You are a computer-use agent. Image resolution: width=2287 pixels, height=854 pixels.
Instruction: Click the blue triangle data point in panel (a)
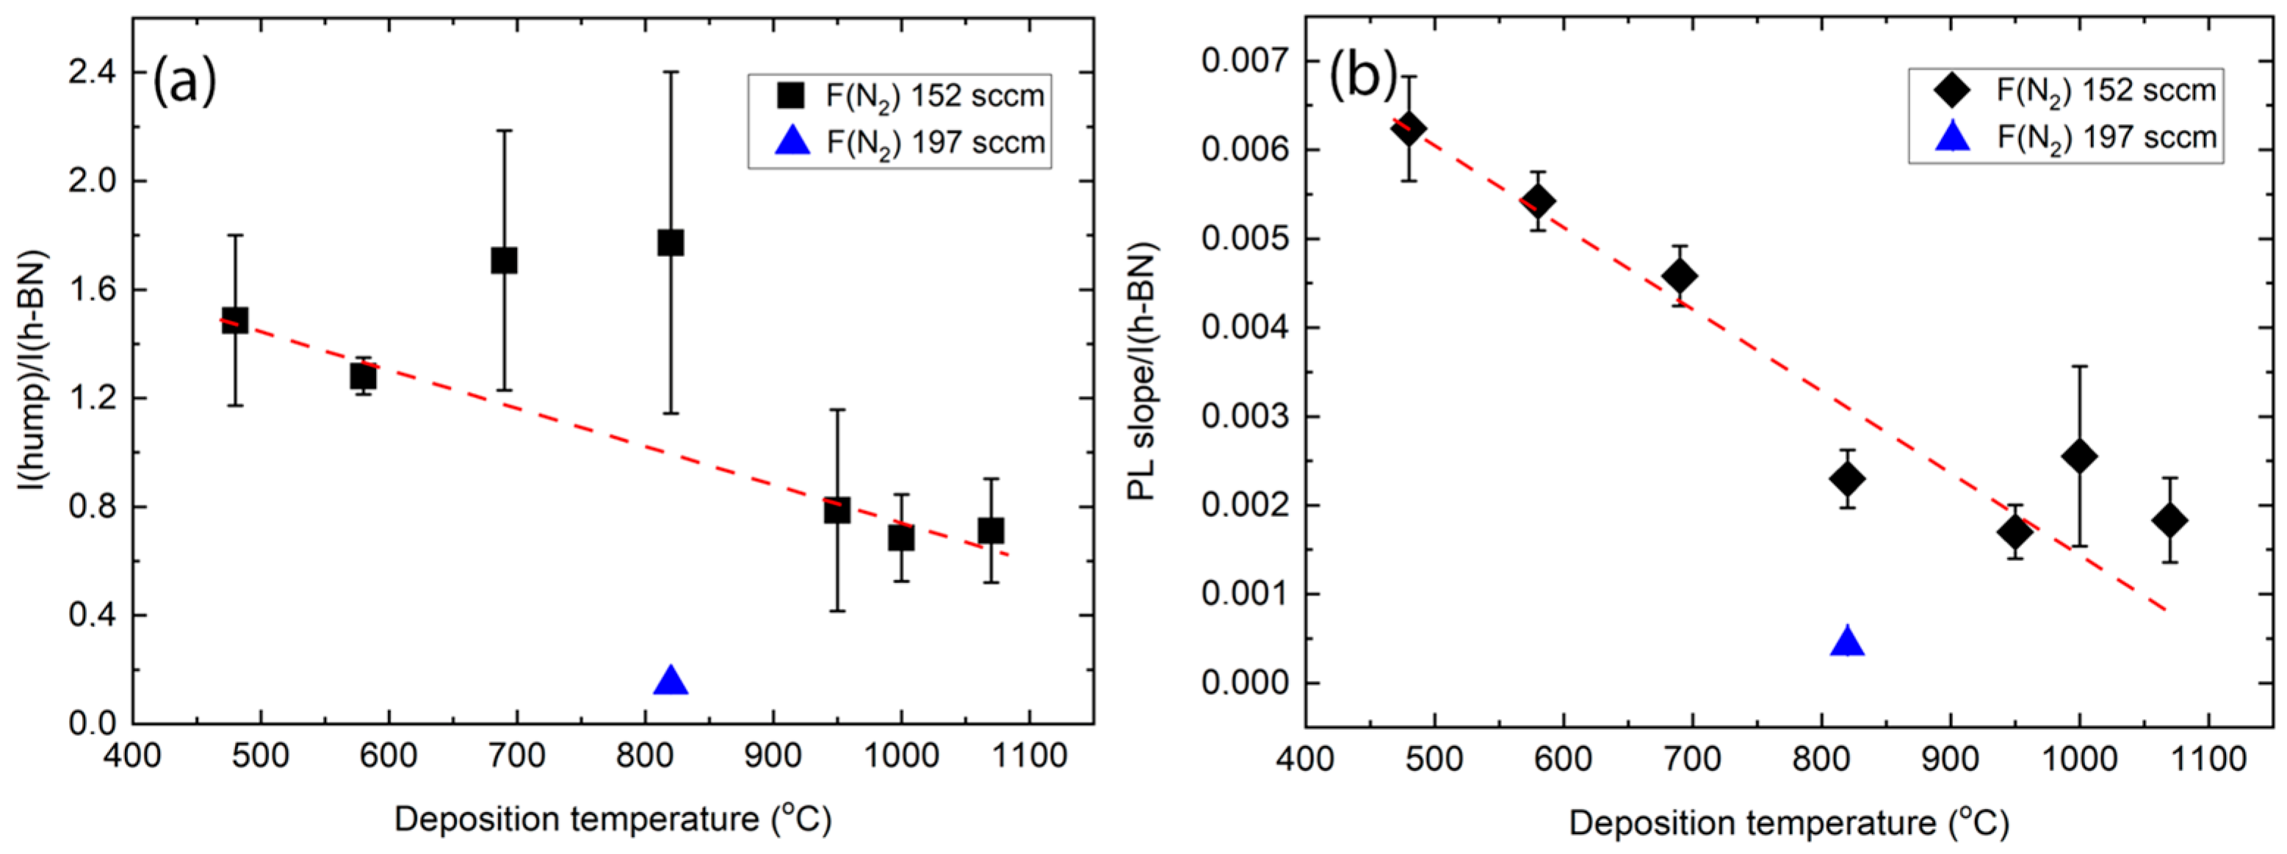pyautogui.click(x=671, y=681)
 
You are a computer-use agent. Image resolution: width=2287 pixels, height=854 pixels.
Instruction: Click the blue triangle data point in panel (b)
pyautogui.click(x=1848, y=642)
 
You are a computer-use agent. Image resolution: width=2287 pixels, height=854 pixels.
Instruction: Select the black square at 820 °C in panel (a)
pyautogui.click(x=671, y=242)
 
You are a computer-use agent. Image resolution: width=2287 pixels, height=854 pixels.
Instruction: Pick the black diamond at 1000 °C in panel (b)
pyautogui.click(x=2079, y=456)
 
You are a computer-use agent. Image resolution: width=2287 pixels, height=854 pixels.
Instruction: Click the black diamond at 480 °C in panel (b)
pyautogui.click(x=1409, y=129)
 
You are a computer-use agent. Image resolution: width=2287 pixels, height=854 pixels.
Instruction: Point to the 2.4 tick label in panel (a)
pyautogui.click(x=93, y=73)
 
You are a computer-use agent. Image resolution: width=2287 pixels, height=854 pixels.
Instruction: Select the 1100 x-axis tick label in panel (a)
pyautogui.click(x=1029, y=756)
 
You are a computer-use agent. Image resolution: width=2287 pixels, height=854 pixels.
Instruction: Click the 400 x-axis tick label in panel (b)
pyautogui.click(x=1305, y=760)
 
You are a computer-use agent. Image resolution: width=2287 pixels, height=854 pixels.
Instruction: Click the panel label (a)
pyautogui.click(x=184, y=82)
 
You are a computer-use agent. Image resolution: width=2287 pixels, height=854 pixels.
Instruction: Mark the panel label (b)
pyautogui.click(x=1363, y=76)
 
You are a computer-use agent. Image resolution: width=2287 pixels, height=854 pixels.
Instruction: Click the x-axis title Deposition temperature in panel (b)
pyautogui.click(x=1788, y=823)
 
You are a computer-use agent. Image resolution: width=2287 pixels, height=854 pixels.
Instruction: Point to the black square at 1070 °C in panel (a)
pyautogui.click(x=991, y=531)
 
